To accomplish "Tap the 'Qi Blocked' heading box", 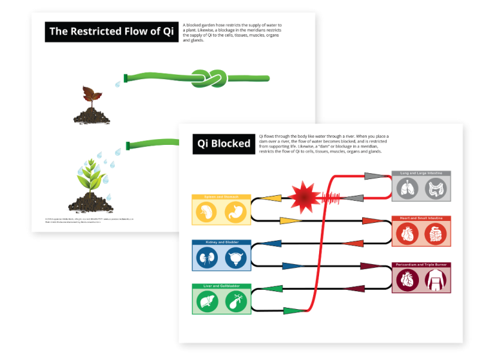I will click(223, 144).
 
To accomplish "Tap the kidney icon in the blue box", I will click(207, 258).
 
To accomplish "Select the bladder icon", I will click(235, 258).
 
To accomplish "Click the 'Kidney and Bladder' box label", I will click(221, 243).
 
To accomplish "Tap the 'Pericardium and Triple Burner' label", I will click(422, 265).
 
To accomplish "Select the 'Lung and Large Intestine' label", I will click(422, 174).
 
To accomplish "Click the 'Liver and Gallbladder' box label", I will click(221, 287).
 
